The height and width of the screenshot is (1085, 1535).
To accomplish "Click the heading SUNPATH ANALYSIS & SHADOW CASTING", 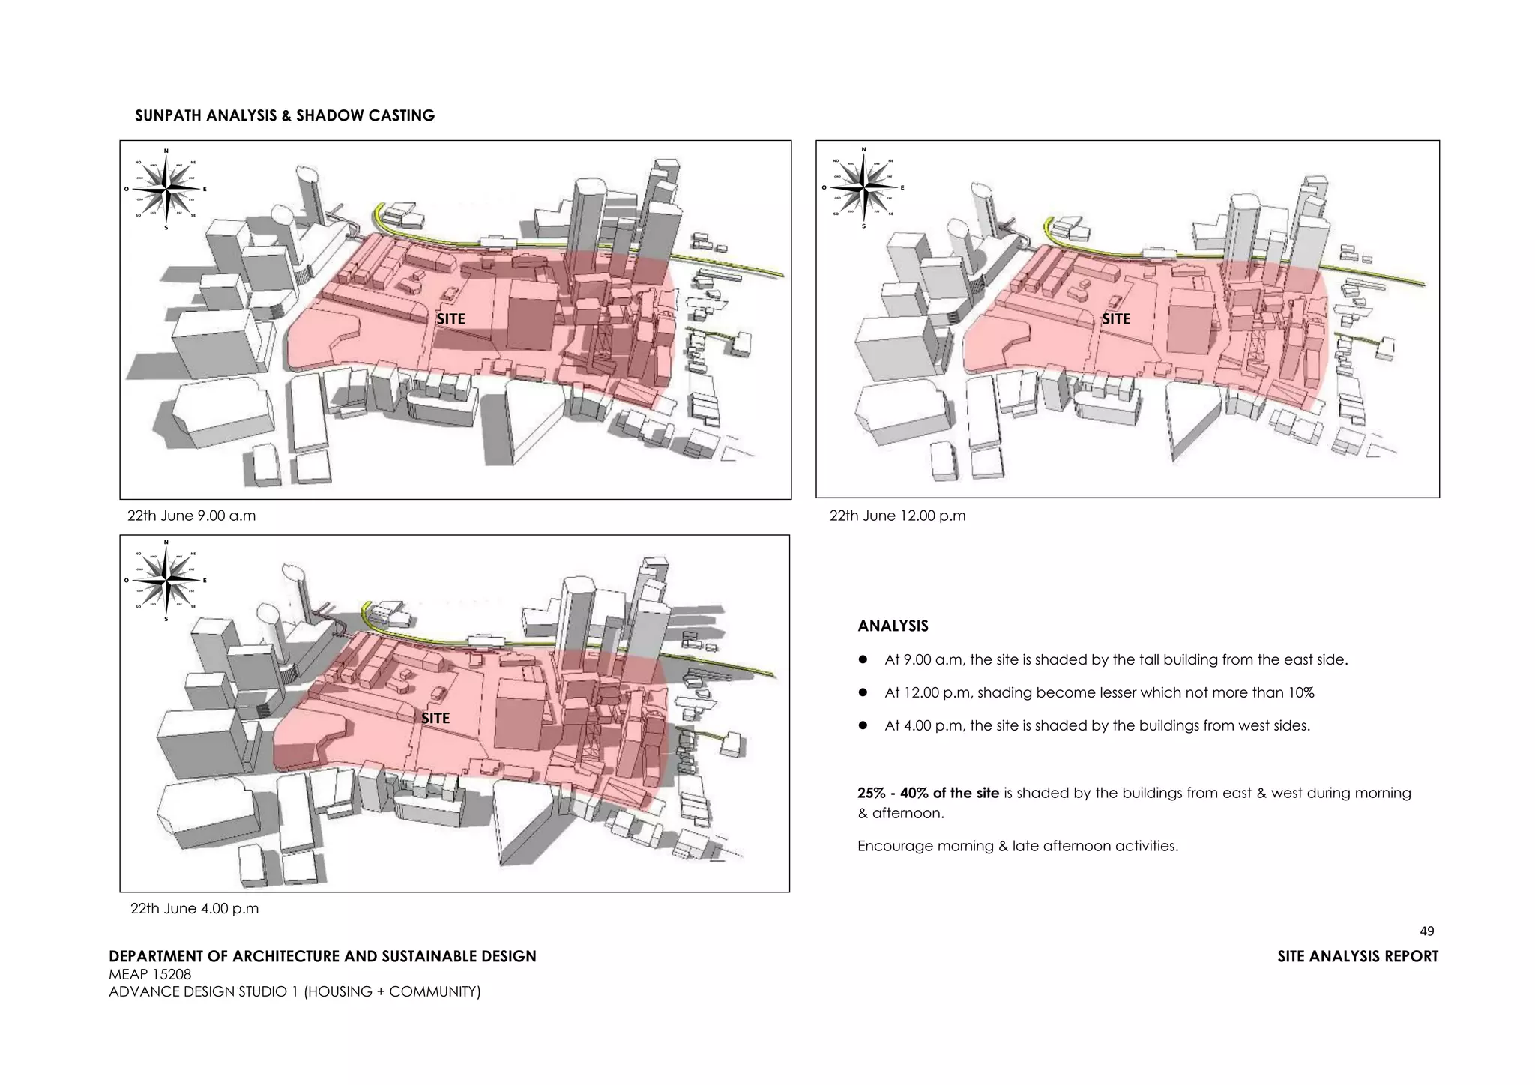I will click(x=284, y=115).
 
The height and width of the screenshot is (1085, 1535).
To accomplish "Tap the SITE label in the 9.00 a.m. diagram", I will click(x=450, y=318).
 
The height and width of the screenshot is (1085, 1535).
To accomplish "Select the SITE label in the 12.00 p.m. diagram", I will click(x=1115, y=318).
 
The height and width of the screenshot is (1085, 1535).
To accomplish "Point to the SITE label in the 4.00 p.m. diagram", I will click(x=435, y=718).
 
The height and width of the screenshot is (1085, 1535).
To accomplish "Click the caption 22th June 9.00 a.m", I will click(x=191, y=516).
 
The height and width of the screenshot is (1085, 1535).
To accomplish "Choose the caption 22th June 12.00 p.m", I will click(x=897, y=516).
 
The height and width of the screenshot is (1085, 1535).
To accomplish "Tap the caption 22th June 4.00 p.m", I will click(x=194, y=908).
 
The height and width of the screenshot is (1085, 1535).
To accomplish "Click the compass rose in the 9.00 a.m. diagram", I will click(x=166, y=189).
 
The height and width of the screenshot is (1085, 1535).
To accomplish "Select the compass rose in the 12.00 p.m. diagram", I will click(x=863, y=187).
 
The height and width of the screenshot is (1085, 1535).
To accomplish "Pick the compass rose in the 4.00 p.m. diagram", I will click(x=166, y=580).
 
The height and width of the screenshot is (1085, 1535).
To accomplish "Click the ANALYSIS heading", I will click(x=893, y=626).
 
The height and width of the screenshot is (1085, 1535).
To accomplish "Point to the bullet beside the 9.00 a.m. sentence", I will click(x=863, y=660).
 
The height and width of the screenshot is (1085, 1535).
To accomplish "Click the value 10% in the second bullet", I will click(x=1300, y=692).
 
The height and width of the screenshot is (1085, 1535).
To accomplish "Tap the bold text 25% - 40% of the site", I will click(x=928, y=793).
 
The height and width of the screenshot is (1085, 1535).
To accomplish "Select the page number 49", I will click(x=1426, y=931).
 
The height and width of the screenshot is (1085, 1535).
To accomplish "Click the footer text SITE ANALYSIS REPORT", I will click(x=1357, y=956).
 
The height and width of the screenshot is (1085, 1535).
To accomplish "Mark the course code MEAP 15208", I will click(x=150, y=974).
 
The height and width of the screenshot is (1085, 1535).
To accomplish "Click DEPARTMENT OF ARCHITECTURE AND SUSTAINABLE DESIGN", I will click(x=322, y=956).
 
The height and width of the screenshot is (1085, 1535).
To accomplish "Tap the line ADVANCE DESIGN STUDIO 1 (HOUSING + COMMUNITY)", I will click(x=295, y=991).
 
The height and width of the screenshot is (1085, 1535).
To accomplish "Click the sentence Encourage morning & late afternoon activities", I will click(x=1018, y=846).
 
